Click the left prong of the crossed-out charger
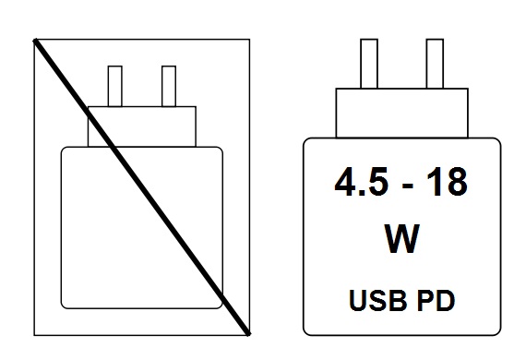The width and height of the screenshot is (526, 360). (116, 86)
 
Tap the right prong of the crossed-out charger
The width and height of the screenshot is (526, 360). (168, 86)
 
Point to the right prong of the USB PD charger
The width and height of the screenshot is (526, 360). (432, 64)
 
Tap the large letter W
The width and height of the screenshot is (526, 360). (400, 239)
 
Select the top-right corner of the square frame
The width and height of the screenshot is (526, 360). (249, 40)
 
